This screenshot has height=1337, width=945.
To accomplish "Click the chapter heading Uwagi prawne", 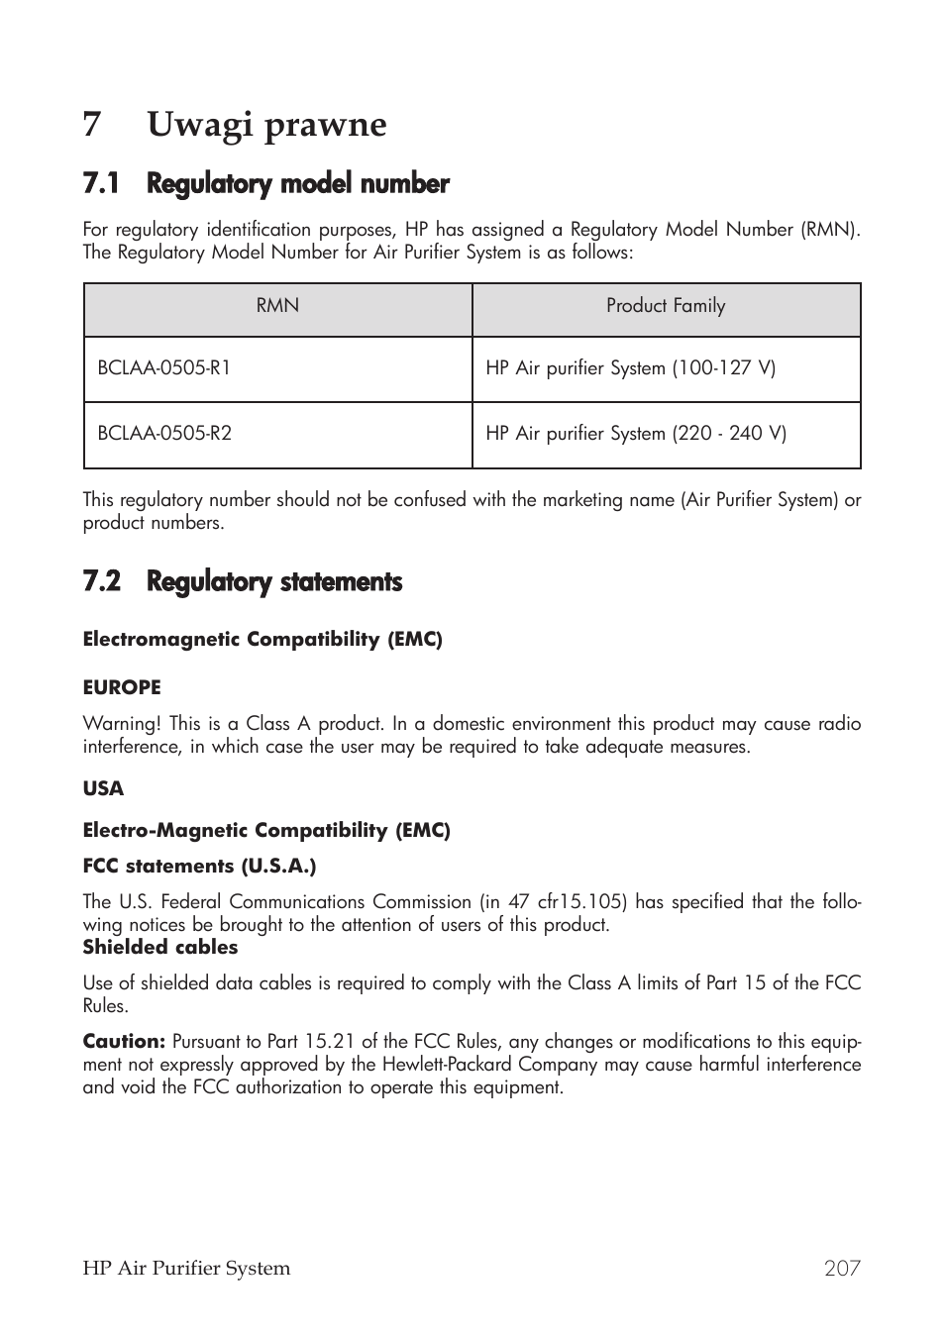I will coord(266,125).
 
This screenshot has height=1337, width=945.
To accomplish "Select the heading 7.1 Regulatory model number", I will coord(266,184).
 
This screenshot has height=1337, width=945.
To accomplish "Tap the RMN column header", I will coord(277,306).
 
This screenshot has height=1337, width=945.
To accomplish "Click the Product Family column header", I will coord(666,306).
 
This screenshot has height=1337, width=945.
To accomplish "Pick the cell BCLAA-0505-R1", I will coord(164,368).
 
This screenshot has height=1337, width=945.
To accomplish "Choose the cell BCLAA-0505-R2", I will coord(164,434).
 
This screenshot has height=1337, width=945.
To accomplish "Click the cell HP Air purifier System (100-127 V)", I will coord(630,368).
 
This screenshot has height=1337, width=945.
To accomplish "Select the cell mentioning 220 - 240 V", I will coord(636,434).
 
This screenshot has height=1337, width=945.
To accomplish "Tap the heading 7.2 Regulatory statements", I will coord(243,582).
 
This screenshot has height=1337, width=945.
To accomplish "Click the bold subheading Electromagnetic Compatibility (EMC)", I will coord(262,640).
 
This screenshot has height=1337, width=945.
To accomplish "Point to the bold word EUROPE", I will coord(122,687).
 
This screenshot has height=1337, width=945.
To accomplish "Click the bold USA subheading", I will coord(103,789).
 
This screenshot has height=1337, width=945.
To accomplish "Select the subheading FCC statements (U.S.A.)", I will coord(199,867).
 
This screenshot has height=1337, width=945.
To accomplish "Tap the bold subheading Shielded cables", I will coord(160,948).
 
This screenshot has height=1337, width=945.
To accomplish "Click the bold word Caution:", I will coord(124,1042).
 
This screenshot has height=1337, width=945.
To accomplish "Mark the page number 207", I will coord(842,1269).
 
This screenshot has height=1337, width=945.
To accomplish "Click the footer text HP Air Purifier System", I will coord(186,1269).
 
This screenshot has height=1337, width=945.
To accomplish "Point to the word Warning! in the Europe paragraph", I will coord(121,724).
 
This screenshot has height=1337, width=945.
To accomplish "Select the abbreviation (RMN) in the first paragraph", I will coord(830,230).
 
